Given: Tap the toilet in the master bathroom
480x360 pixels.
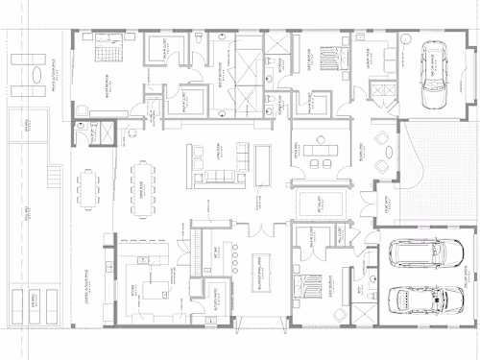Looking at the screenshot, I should coord(196,45).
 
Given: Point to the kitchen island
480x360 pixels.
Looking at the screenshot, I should coord(147,285).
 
